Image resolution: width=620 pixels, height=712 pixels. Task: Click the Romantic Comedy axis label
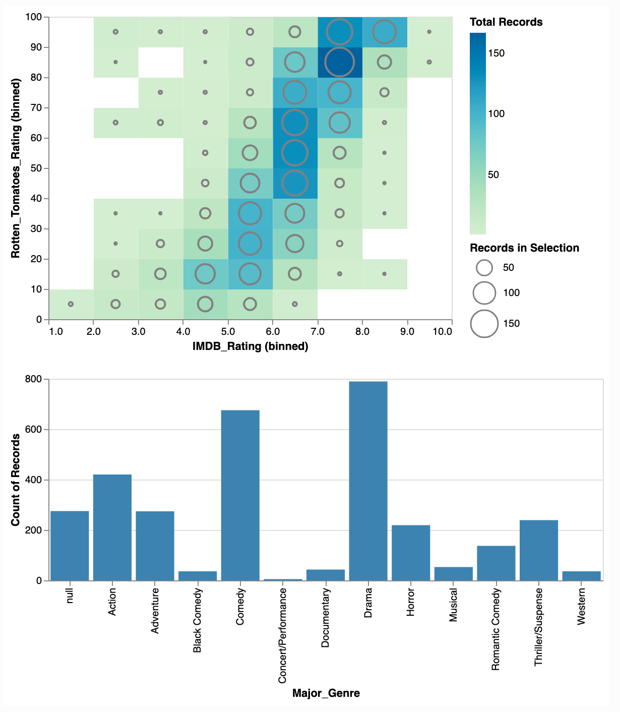496,629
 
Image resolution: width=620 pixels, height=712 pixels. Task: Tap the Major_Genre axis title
326,693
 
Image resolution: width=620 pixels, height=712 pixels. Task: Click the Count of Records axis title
16,480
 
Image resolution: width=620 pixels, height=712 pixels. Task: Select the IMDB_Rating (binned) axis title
250,346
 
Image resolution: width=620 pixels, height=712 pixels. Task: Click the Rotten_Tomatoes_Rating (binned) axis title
16,168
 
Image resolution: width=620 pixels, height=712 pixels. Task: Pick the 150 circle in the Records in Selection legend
484,324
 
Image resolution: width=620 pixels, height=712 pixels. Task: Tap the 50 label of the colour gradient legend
493,175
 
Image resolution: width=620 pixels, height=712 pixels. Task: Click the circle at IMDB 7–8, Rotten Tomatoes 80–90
340,62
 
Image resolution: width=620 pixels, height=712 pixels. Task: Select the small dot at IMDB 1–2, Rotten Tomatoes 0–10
71,304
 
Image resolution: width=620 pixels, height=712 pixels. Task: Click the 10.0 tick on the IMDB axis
443,332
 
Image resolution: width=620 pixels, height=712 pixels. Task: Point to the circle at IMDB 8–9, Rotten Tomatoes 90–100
384,32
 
